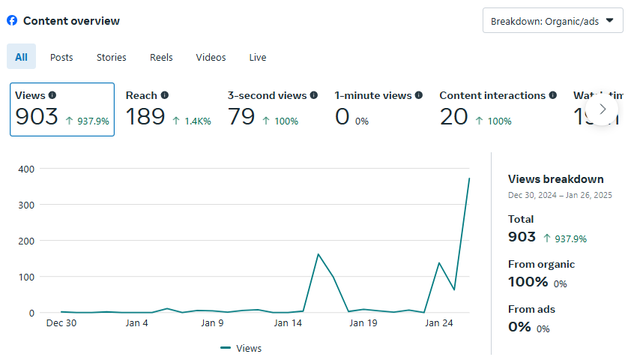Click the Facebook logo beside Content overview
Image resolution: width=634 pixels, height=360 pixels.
[12, 20]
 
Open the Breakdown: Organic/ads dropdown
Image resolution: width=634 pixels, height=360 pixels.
[553, 21]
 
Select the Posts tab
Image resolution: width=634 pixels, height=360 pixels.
[61, 57]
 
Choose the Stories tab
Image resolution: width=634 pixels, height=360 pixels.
[111, 57]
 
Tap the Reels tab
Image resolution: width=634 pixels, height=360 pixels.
[161, 57]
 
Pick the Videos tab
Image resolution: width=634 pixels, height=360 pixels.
[211, 57]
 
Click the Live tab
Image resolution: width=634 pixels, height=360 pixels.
[258, 57]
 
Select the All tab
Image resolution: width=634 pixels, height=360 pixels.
[21, 57]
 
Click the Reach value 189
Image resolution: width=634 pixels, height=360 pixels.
[145, 117]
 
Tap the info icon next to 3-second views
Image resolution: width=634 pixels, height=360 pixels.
[314, 95]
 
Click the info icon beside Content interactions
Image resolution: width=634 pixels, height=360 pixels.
[553, 95]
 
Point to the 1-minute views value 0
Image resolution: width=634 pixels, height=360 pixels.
[342, 117]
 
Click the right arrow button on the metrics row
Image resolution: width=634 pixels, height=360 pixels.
[603, 109]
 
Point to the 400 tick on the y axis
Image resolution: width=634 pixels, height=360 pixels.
[26, 169]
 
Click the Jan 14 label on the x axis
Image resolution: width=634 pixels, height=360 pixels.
[288, 323]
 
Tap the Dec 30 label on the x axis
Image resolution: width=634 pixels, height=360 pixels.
[61, 323]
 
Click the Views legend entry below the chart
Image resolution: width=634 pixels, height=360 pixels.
[241, 348]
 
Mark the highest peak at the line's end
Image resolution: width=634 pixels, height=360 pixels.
[469, 178]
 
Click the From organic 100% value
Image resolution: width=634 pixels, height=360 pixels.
[528, 282]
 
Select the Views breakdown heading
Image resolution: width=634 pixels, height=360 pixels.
[556, 178]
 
